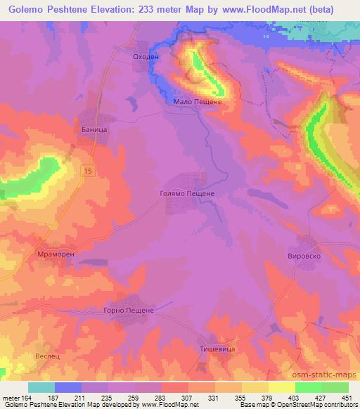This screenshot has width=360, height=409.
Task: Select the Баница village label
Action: [x=94, y=130]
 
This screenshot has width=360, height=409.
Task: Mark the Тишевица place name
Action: [x=217, y=349]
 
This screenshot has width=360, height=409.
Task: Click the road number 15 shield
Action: [x=87, y=171]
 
